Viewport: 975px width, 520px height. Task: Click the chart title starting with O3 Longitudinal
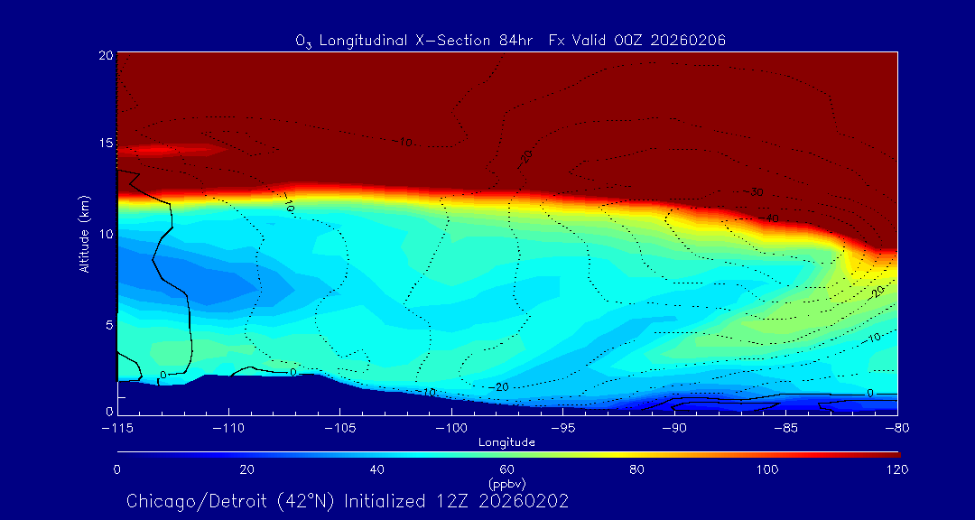coord(511,41)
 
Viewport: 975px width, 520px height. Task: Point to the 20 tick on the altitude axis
coord(105,55)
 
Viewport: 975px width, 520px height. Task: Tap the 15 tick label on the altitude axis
coord(105,144)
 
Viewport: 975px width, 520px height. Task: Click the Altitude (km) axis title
coord(84,234)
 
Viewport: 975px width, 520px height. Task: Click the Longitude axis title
coord(507,442)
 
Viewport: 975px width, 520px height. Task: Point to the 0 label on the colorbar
coord(117,469)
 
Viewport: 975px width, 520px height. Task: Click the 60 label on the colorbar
coord(507,469)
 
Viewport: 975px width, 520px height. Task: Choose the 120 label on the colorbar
coord(896,469)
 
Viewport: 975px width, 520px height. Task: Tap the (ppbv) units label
coord(507,484)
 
